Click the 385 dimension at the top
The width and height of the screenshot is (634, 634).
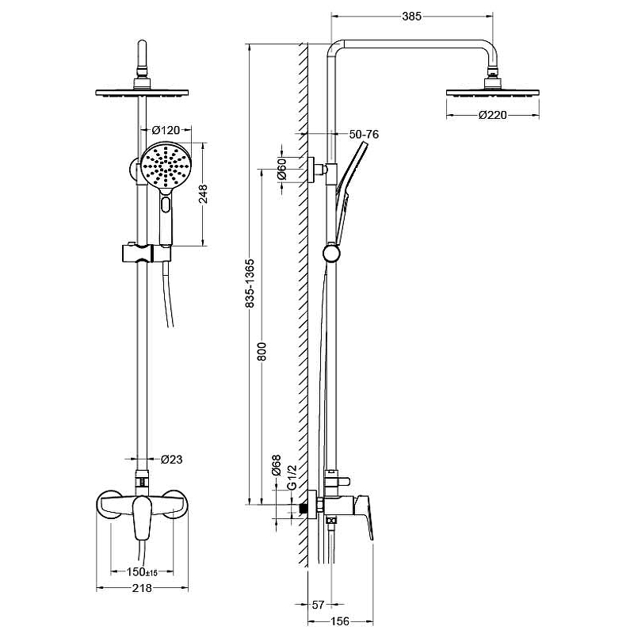pyautogui.click(x=411, y=16)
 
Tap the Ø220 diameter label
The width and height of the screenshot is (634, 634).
pyautogui.click(x=492, y=115)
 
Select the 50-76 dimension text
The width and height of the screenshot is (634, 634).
pyautogui.click(x=364, y=134)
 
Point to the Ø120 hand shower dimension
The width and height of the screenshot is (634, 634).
pyautogui.click(x=166, y=130)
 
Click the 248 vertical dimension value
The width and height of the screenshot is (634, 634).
pyautogui.click(x=203, y=193)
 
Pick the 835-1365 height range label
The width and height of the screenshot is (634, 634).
pyautogui.click(x=250, y=283)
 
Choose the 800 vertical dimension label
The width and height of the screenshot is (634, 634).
pyautogui.click(x=262, y=351)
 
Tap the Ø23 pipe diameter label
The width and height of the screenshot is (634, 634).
pyautogui.click(x=172, y=460)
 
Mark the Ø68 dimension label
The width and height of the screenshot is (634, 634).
pyautogui.click(x=276, y=465)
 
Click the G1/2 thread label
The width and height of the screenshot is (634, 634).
pyautogui.click(x=292, y=477)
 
